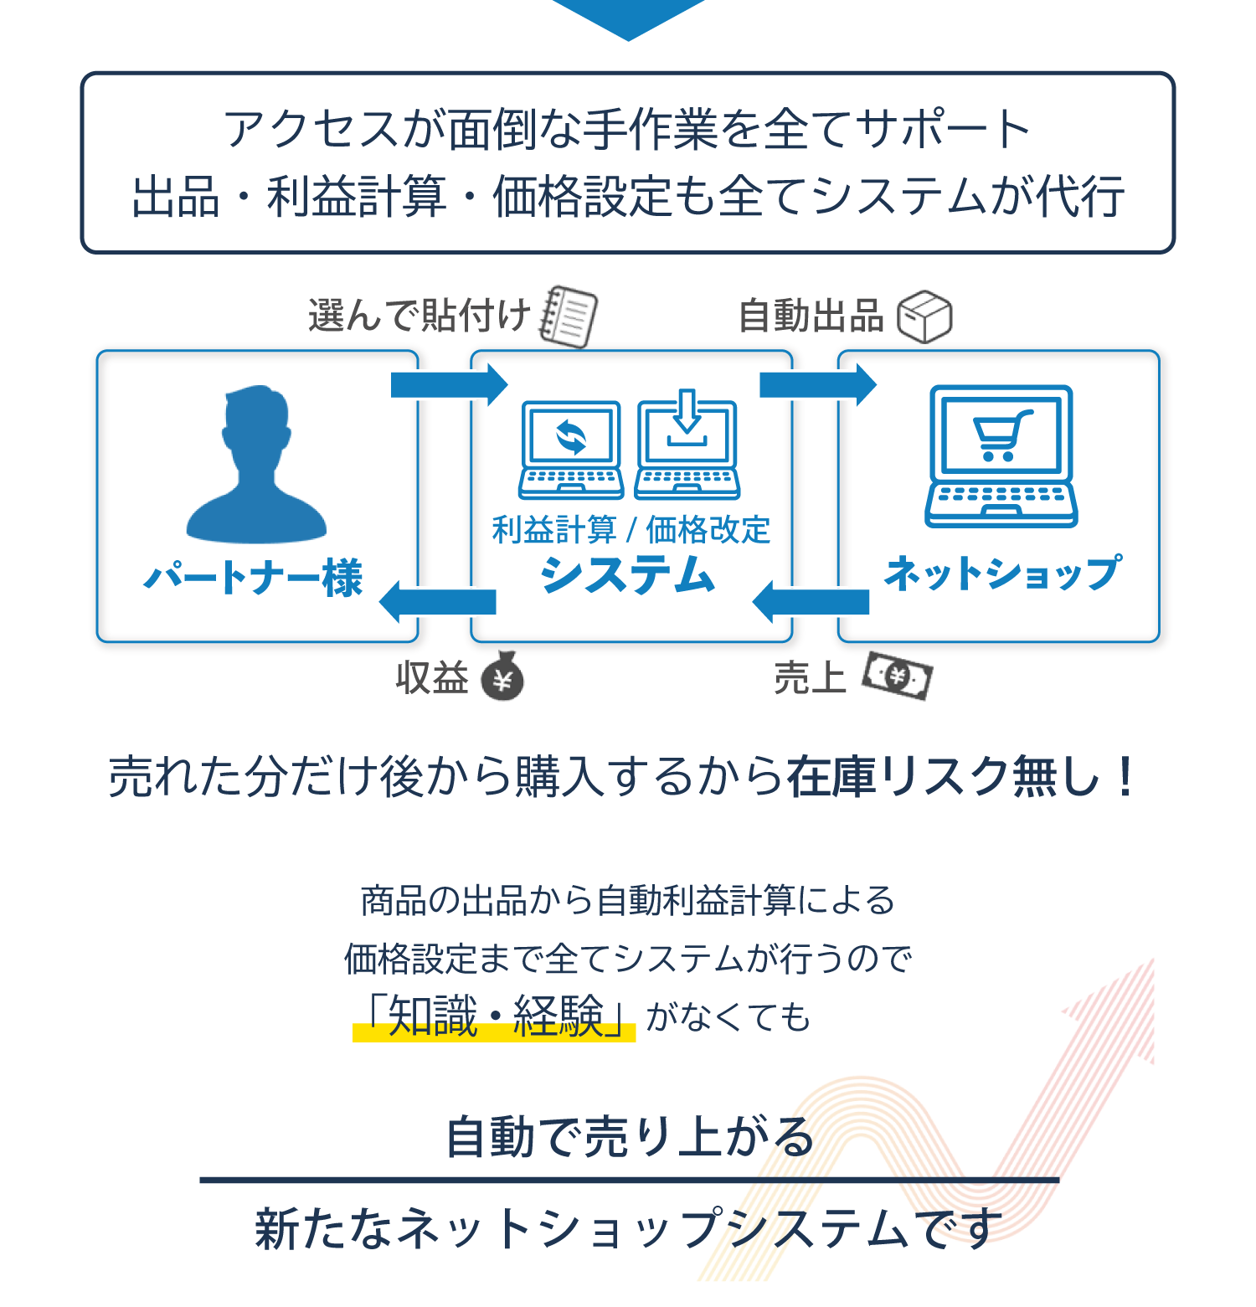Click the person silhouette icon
pyautogui.click(x=256, y=464)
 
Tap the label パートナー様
pyautogui.click(x=253, y=578)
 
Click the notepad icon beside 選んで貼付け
pyautogui.click(x=569, y=316)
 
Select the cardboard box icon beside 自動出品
pyautogui.click(x=924, y=316)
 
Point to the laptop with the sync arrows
pyautogui.click(x=571, y=450)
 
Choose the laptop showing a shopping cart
pyautogui.click(x=1001, y=456)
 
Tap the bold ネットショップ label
pyautogui.click(x=1002, y=574)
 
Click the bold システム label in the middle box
pyautogui.click(x=628, y=576)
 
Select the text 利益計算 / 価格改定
pyautogui.click(x=631, y=530)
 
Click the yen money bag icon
pyautogui.click(x=502, y=677)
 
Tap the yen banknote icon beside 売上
pyautogui.click(x=898, y=676)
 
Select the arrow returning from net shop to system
pyautogui.click(x=811, y=602)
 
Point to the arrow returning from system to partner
pyautogui.click(x=438, y=602)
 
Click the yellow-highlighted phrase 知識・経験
pyautogui.click(x=495, y=1017)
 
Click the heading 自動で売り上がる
pyautogui.click(x=630, y=1137)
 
